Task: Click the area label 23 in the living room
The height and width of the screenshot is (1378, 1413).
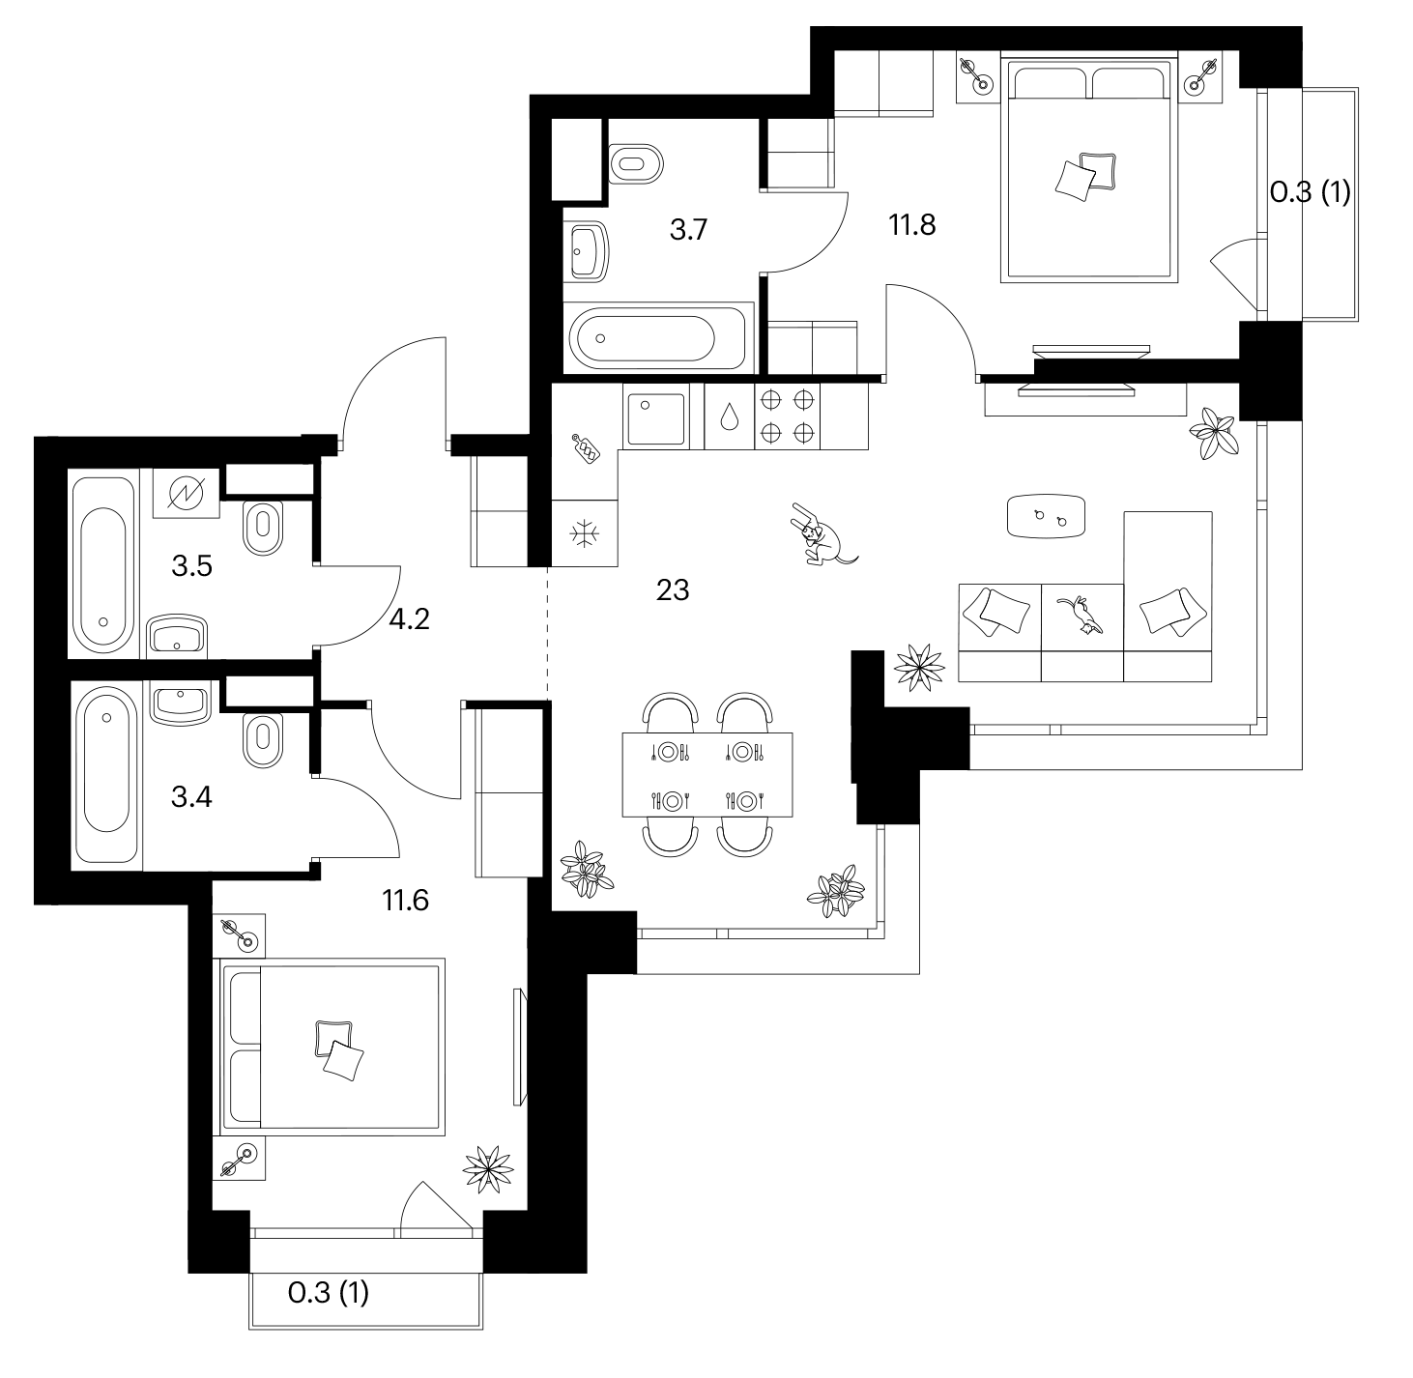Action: (x=673, y=590)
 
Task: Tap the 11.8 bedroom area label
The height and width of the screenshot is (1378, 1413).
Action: (x=912, y=225)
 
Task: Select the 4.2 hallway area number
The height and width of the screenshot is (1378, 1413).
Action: (x=410, y=619)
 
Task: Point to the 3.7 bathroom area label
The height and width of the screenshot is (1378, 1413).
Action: (x=687, y=230)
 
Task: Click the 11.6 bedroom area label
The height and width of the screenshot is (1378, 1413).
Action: (x=406, y=901)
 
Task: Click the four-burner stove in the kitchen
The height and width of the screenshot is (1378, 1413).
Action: (x=787, y=416)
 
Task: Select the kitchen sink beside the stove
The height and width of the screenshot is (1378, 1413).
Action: (x=656, y=419)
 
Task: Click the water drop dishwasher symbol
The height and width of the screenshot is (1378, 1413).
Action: (x=730, y=417)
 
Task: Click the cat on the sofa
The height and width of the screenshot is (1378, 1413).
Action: (x=1081, y=615)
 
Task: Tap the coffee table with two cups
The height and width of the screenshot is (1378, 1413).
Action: (x=1047, y=516)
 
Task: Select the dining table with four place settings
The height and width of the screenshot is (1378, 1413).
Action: (x=707, y=775)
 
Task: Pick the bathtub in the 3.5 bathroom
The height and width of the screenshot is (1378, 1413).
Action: (x=103, y=564)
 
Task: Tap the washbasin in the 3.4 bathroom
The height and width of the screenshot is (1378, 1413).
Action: (x=180, y=703)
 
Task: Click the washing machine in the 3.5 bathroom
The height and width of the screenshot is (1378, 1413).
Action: (x=186, y=494)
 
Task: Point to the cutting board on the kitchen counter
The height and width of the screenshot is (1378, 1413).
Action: (x=587, y=448)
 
